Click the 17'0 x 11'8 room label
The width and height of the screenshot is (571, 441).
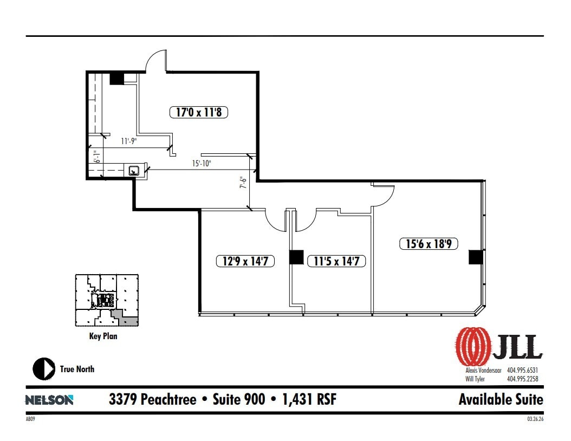tap(199, 113)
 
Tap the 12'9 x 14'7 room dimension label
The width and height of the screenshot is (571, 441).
tap(245, 261)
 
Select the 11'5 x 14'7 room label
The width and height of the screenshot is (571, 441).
tap(336, 261)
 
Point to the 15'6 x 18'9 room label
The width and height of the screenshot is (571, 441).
tap(432, 244)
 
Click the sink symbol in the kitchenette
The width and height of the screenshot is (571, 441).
tap(134, 170)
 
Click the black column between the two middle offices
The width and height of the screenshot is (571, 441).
tap(296, 257)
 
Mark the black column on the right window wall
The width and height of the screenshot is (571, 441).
tap(475, 257)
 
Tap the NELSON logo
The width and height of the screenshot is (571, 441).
tap(49, 400)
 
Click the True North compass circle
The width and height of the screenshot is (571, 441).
tap(44, 369)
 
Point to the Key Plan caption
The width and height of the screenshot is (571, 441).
tap(103, 336)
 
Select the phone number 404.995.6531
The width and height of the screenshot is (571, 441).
tap(522, 370)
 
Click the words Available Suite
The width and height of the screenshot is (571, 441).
tap(500, 400)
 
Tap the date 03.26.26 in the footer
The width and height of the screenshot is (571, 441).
tap(534, 419)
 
